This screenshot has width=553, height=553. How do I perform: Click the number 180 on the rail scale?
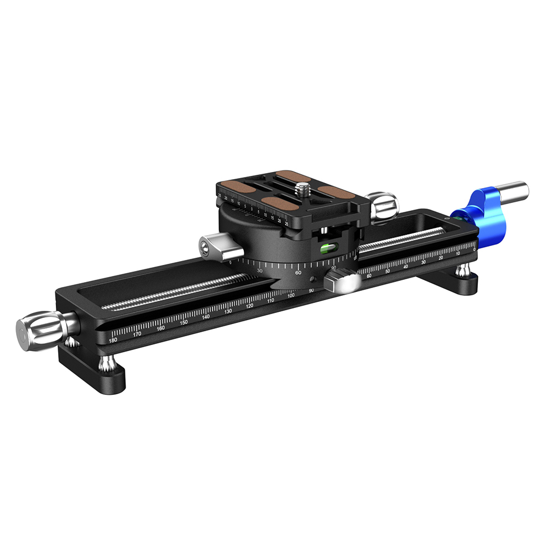pos(113,340)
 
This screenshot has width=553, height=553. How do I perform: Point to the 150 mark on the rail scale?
pos(184,322)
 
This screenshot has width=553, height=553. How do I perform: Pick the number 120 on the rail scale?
pos(249,306)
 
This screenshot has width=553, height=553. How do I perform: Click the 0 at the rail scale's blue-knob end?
pos(475,249)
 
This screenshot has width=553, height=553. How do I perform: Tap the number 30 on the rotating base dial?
pos(260,270)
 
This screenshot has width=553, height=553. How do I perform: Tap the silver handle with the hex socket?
pos(216,246)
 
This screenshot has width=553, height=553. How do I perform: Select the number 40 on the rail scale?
pos(405,267)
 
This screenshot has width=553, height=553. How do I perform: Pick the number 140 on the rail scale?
pos(206,317)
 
